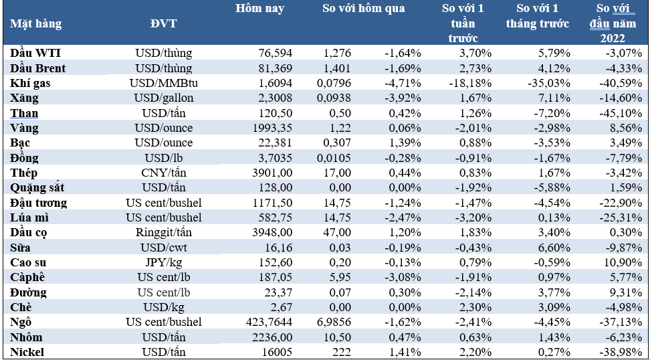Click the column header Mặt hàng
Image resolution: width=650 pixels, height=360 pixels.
[35, 23]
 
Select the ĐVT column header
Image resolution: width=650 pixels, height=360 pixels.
[163, 23]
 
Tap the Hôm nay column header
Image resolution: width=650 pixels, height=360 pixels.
[260, 9]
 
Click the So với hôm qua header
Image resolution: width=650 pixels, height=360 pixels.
[364, 9]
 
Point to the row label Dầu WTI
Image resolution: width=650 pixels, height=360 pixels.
[36, 53]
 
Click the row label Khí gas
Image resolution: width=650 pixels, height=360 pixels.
[30, 83]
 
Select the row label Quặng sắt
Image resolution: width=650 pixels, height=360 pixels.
[37, 188]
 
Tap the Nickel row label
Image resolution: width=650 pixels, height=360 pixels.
[27, 352]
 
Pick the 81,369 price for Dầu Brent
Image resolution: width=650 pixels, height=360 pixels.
[274, 68]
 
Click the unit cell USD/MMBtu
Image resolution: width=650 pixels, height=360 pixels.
[163, 83]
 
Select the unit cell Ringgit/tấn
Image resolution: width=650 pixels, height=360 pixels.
[163, 233]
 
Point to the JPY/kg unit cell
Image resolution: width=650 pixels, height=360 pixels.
[163, 262]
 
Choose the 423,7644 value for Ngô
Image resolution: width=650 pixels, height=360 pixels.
[267, 323]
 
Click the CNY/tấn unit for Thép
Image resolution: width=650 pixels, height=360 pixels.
[163, 173]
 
